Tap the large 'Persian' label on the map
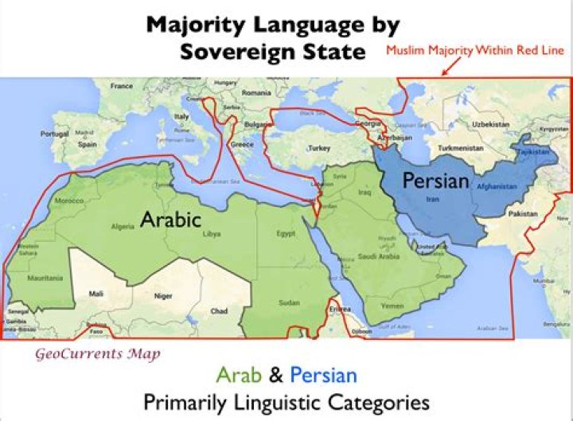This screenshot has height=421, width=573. (435, 181)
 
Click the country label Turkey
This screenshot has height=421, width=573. (318, 148)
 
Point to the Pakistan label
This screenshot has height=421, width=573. (523, 214)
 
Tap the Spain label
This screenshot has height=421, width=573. (87, 145)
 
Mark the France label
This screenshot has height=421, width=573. (122, 85)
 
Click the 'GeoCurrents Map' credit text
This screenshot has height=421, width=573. (97, 354)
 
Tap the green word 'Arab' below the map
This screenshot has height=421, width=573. (248, 374)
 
